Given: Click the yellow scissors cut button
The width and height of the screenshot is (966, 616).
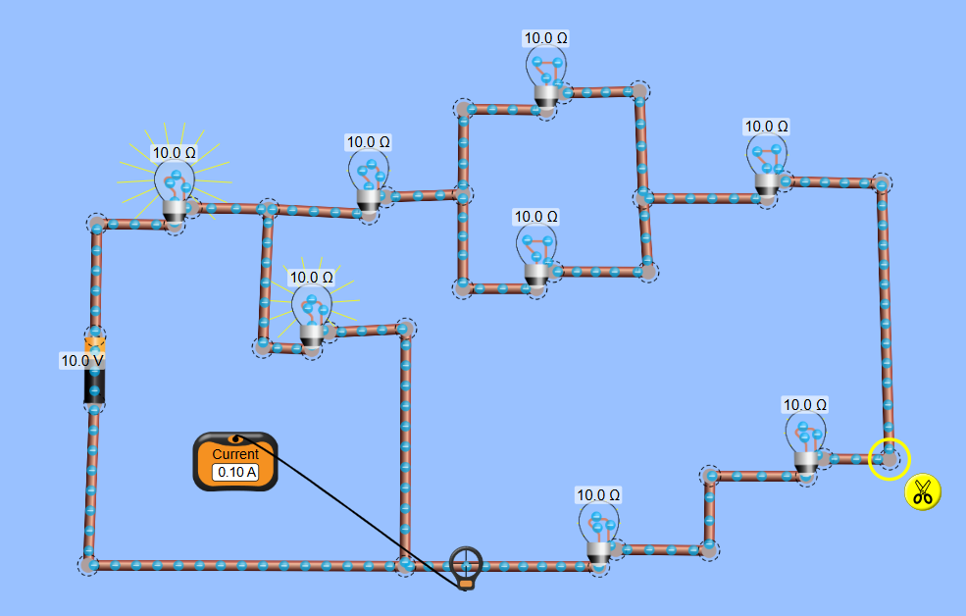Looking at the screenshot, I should point(922,491).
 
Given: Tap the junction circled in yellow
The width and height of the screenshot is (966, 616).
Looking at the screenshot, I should point(889,458).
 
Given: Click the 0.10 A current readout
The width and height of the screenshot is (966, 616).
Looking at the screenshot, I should point(236,472).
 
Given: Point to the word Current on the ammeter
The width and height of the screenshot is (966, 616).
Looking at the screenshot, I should point(235,454).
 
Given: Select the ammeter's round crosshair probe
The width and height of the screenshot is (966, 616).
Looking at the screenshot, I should point(466,563).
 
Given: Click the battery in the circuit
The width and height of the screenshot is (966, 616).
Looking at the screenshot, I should point(95,371).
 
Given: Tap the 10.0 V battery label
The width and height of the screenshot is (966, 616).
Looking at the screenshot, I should point(82,361).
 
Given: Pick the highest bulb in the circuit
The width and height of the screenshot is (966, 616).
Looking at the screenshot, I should point(546,78).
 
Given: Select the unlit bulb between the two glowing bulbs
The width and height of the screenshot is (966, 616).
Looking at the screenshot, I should point(369,182).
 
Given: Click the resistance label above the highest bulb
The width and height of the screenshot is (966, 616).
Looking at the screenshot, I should point(546,38).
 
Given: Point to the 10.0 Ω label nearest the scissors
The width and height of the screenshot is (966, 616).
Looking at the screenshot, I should point(805,404).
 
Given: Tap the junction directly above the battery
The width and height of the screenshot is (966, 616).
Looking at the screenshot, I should point(96,225).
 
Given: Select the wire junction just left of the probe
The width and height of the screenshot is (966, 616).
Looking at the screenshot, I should point(404,565).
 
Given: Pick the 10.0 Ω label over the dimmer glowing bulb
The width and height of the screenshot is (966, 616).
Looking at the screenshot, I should point(311,278).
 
